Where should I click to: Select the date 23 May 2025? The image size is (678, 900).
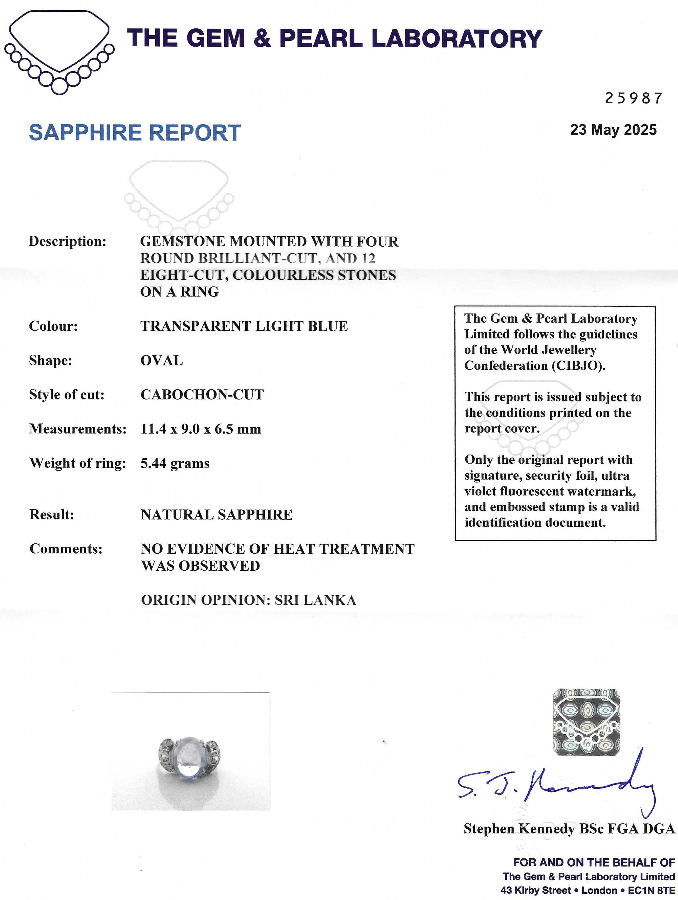coord(613,130)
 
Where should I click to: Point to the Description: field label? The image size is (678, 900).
coord(67,241)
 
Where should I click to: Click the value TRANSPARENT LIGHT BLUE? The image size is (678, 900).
coord(244,326)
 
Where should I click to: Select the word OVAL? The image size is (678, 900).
coord(162,360)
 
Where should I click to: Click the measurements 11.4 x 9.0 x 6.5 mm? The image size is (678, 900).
coord(201,429)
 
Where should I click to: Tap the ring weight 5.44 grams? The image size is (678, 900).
coord(175,463)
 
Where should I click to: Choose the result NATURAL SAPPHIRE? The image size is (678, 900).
coord(217,515)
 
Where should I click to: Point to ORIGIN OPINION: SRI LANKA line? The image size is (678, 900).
coord(248,600)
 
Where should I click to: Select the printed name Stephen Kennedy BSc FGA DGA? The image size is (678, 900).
coord(569,828)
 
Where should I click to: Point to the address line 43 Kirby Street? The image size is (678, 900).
coord(535,890)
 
